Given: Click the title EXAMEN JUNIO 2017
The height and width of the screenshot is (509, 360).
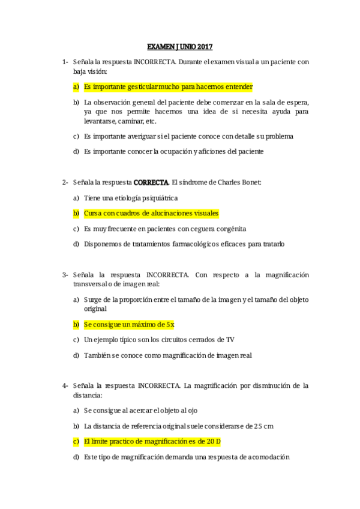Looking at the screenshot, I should (180, 46).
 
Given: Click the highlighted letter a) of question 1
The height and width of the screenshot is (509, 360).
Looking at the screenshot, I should (76, 86).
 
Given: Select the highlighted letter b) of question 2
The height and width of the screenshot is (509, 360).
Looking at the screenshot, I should (76, 213).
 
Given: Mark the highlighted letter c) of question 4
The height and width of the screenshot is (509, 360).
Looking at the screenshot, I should (76, 442).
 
